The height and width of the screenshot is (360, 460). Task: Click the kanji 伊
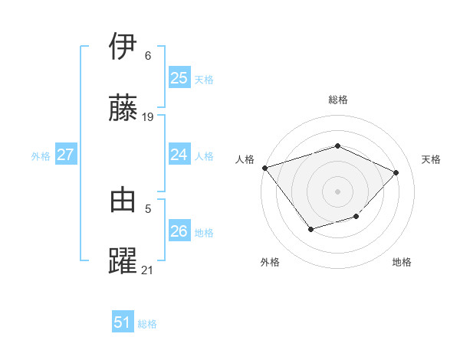(x=123, y=47)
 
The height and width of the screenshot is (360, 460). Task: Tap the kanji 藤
(x=123, y=109)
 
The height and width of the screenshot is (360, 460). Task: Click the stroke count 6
(x=148, y=56)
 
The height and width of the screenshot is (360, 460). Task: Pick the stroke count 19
(x=148, y=117)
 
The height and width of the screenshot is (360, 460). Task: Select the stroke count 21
(x=148, y=270)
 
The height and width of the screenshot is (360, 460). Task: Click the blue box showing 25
(x=179, y=78)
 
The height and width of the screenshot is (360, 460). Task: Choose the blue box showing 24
(x=179, y=155)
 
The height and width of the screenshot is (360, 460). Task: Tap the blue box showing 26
(x=179, y=231)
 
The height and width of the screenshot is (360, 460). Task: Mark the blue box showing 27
(x=65, y=155)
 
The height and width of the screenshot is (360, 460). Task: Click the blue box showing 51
(x=123, y=322)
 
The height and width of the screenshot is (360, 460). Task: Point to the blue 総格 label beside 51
(x=147, y=324)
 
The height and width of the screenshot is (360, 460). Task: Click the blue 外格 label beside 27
(x=41, y=156)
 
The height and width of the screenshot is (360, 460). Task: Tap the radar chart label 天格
(x=431, y=159)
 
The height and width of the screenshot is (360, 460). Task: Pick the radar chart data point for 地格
(x=356, y=218)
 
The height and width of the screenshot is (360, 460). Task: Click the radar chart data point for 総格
(x=337, y=146)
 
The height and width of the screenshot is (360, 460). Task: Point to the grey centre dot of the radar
(x=337, y=191)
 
